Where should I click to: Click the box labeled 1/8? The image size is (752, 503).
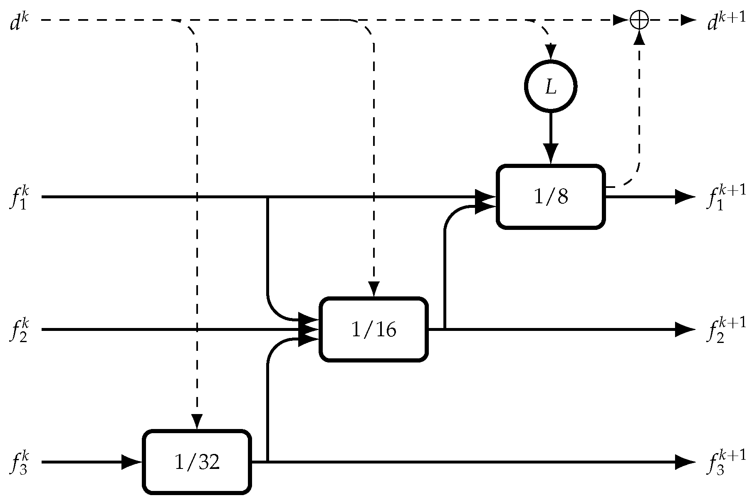coord(550,197)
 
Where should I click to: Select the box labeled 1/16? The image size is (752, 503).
coord(374,330)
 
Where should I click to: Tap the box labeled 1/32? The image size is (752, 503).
coord(197,462)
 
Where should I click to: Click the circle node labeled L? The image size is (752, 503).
coord(550,87)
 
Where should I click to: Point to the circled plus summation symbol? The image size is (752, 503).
coord(639,20)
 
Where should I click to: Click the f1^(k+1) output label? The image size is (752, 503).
coord(725,198)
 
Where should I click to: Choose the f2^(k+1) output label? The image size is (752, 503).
coord(725,331)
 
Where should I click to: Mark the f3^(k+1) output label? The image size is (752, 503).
coord(725,463)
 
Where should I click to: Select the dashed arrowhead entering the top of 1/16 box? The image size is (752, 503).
coord(374,289)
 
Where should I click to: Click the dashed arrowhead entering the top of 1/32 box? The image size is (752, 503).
coord(197,422)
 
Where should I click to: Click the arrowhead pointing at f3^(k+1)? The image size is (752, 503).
coord(685,462)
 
